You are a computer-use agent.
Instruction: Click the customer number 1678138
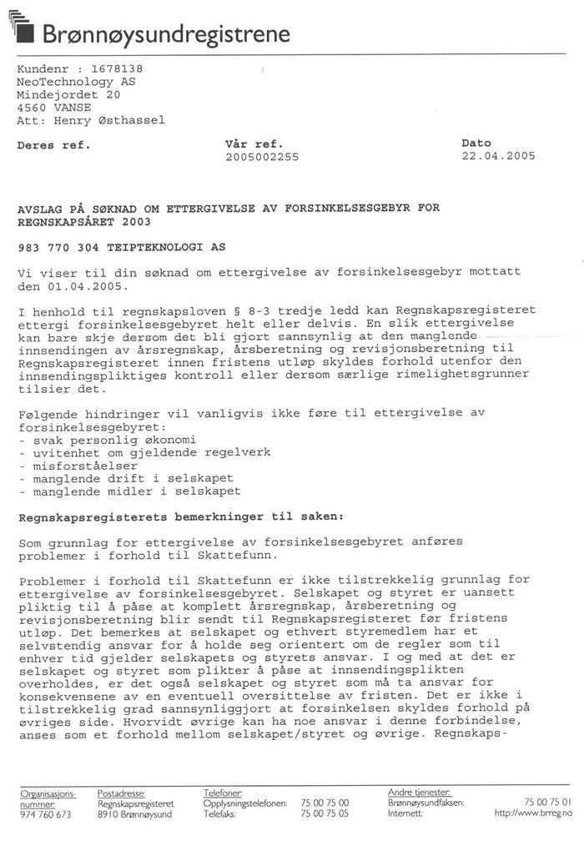113,68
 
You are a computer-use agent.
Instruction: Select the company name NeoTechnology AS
76,82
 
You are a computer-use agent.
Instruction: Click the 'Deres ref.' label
53,145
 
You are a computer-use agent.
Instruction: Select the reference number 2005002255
262,157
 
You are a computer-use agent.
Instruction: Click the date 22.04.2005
498,156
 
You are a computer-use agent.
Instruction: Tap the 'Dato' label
476,144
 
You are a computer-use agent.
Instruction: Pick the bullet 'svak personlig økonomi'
104,440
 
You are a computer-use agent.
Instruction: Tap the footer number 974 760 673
47,813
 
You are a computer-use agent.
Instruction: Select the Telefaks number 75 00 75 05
325,813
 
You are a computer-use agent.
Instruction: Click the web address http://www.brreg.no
533,813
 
